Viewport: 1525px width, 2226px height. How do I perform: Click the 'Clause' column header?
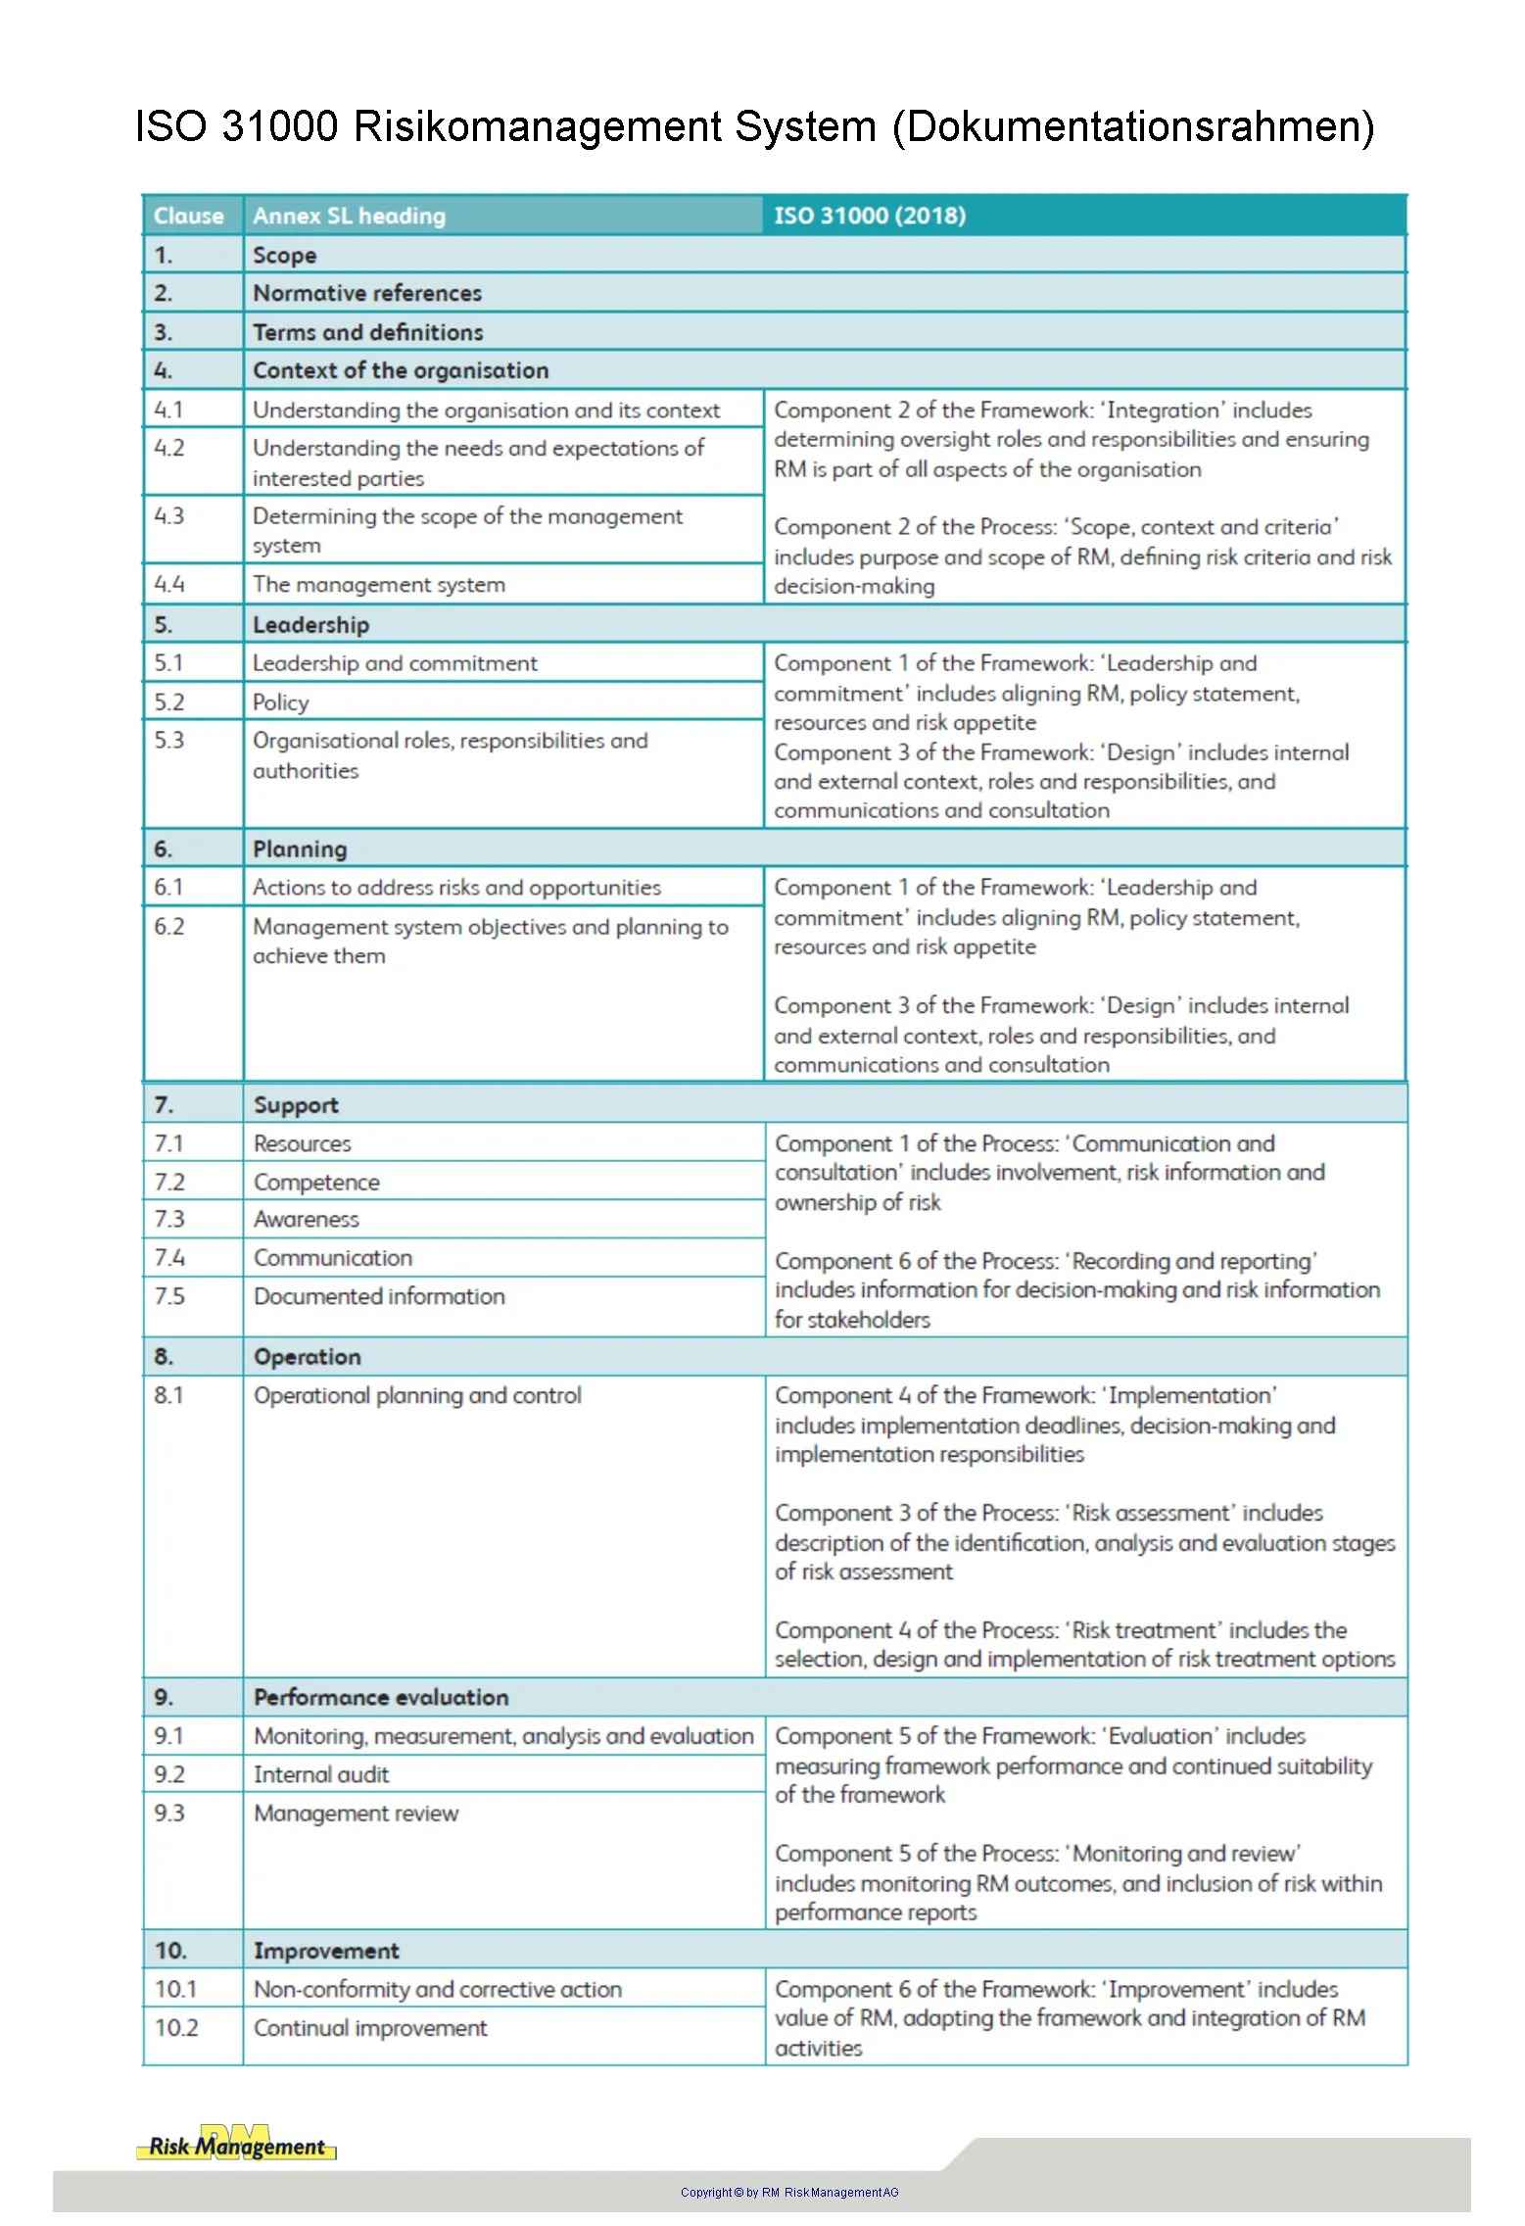click(188, 216)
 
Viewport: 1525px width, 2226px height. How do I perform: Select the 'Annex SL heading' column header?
click(349, 216)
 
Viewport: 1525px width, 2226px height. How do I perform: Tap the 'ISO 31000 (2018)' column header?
click(870, 216)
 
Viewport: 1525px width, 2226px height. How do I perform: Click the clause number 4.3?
click(169, 515)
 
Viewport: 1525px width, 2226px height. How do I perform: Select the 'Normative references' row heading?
click(367, 293)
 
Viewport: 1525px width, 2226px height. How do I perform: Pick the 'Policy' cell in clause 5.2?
click(281, 702)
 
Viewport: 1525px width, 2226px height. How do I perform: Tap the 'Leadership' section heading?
click(310, 624)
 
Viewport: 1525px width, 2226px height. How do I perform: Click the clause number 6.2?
click(169, 926)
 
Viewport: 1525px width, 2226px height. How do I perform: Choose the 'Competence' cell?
click(316, 1182)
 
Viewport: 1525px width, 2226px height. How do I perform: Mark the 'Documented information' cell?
click(379, 1296)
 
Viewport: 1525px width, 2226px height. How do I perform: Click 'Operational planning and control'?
click(417, 1395)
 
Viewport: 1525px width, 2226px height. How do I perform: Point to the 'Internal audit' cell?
click(321, 1774)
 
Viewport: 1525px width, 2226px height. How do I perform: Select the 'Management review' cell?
click(356, 1813)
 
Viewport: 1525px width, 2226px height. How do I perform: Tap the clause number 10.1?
click(175, 1989)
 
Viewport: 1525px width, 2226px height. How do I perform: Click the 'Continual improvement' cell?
click(370, 2027)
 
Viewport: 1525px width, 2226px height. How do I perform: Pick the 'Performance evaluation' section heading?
click(381, 1697)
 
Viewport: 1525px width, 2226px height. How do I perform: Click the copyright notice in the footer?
click(789, 2192)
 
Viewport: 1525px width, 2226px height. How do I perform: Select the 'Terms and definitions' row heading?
click(368, 332)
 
